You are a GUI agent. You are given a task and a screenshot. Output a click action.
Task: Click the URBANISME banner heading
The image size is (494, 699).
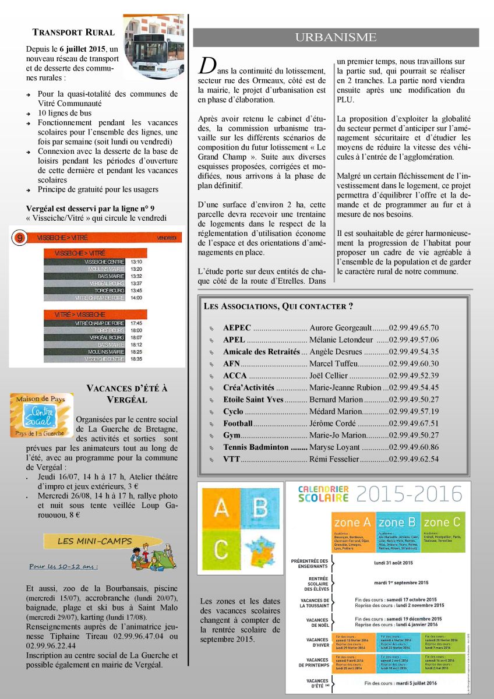coord(336,38)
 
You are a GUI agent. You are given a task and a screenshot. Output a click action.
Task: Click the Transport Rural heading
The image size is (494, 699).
coord(73,33)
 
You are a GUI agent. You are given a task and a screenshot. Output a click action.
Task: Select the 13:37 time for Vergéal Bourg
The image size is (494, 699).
coord(136,283)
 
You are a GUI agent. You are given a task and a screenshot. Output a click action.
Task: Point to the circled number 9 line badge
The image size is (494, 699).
coord(20,238)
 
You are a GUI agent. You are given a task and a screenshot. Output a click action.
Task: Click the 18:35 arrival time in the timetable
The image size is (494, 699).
coord(136,359)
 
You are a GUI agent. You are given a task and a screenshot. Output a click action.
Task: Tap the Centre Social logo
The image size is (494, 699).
coord(42,414)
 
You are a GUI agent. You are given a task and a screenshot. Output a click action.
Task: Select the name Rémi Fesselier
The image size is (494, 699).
coord(334,459)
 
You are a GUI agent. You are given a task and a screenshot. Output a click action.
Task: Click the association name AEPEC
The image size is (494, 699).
coord(237,328)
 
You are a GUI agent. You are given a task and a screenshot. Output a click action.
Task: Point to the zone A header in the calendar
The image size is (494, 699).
coord(354,523)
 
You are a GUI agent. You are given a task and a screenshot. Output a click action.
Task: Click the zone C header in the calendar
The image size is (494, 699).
coord(443,523)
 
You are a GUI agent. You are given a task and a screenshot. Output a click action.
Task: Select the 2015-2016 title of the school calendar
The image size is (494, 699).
coord(409,494)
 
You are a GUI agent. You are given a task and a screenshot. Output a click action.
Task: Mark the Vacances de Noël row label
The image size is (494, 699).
coord(317,622)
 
